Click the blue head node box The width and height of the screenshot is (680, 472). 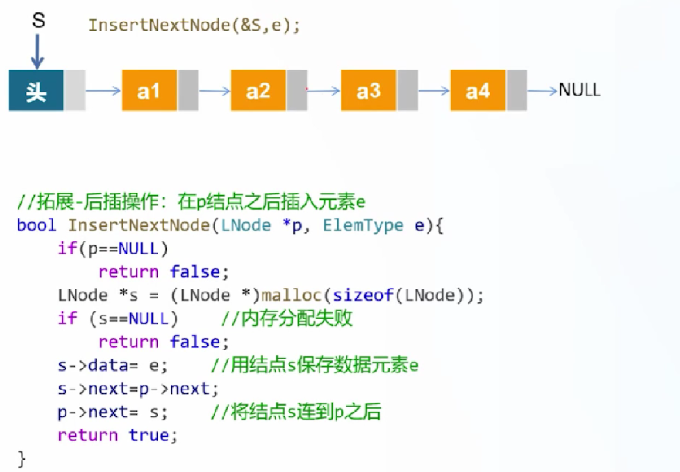pos(36,90)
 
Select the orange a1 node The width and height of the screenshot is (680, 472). pos(149,90)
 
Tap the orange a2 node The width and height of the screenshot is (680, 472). pos(258,90)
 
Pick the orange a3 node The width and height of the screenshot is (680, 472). pos(368,90)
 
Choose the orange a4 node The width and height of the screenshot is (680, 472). pos(478,90)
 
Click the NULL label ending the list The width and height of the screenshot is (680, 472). pos(580,90)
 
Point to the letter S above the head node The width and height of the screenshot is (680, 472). pos(39,20)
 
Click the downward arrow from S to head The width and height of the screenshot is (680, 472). pos(38,52)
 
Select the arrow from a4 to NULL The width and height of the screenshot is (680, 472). pos(543,90)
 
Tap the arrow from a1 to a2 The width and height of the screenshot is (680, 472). pos(215,90)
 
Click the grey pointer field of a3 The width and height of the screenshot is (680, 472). pos(408,90)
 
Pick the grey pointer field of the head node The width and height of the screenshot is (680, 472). pos(75,90)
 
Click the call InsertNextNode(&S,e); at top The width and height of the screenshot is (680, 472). pos(194,25)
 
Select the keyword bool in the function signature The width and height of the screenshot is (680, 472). pos(37,225)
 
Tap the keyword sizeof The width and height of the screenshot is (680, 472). pos(363,295)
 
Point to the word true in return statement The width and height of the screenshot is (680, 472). pos(149,435)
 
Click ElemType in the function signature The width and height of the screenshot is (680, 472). pos(363,225)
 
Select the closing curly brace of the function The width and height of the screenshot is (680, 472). pos(21,459)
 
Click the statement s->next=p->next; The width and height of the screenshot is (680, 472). pos(138,389)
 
